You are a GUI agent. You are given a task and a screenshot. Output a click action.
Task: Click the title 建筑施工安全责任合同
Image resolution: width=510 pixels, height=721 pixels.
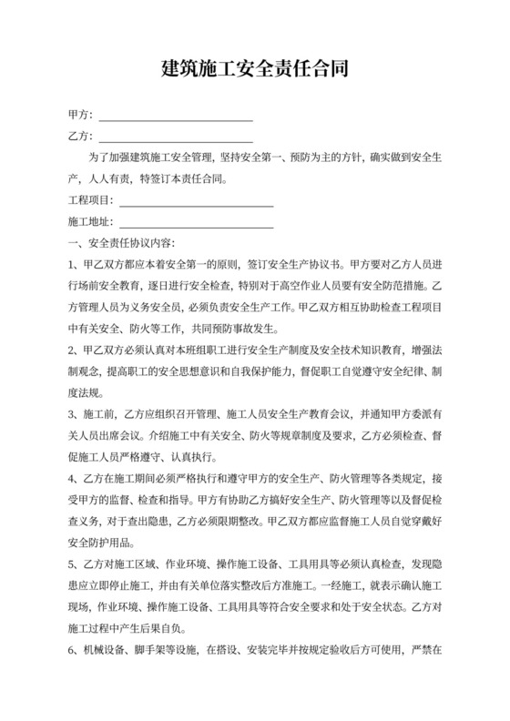(x=255, y=69)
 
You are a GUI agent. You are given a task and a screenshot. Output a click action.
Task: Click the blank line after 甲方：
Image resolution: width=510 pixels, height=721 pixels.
(x=175, y=119)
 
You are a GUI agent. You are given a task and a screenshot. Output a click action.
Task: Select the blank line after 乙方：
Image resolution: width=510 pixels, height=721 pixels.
(x=175, y=139)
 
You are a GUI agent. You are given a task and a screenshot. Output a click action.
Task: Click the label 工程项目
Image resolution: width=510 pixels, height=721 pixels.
(x=89, y=199)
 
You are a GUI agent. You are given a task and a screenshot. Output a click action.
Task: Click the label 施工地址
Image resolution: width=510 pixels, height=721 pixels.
(x=89, y=221)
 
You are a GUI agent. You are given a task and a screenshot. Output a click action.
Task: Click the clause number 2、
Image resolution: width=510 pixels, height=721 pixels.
(x=74, y=350)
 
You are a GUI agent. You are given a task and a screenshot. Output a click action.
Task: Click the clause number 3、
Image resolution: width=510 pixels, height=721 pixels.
(x=74, y=414)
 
